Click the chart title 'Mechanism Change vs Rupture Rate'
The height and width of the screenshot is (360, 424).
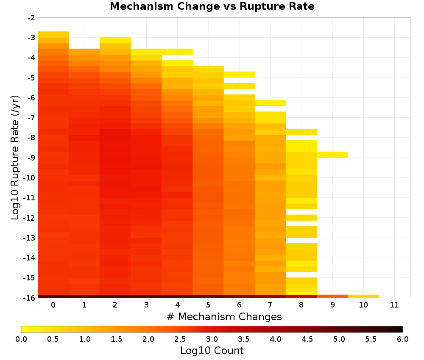[x=212, y=6]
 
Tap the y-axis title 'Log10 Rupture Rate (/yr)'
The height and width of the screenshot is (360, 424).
[x=15, y=158]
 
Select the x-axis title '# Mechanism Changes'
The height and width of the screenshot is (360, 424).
[x=224, y=316]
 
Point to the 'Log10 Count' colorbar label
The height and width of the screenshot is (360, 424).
[x=212, y=351]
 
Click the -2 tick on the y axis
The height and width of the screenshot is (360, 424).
[x=31, y=18]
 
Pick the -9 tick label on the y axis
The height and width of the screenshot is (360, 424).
[x=31, y=158]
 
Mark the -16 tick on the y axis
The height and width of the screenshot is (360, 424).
[x=30, y=298]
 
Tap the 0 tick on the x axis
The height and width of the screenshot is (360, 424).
[x=53, y=305]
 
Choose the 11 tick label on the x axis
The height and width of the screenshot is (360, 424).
[x=394, y=305]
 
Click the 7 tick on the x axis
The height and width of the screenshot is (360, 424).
[x=270, y=305]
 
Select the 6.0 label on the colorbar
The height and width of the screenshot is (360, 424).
[x=403, y=339]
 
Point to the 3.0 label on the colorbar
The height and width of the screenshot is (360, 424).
[x=212, y=339]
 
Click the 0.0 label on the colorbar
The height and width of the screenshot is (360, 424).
[x=21, y=339]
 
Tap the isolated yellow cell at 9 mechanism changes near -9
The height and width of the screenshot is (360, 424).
[x=332, y=155]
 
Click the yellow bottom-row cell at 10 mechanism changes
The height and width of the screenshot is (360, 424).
[x=363, y=296]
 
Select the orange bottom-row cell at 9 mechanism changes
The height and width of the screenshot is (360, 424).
[x=332, y=296]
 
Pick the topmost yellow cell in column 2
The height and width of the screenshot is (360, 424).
[x=115, y=40]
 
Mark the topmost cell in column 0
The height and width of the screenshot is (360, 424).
[x=53, y=35]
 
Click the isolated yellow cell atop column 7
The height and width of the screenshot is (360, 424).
[x=271, y=103]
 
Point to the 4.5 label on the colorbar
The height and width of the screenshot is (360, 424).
[x=307, y=339]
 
